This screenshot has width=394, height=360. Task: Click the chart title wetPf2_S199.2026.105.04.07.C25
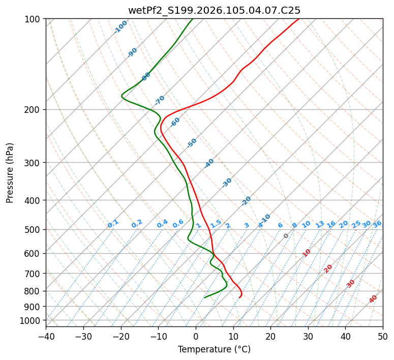click(x=214, y=10)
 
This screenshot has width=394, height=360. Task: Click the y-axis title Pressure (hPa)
click(x=10, y=172)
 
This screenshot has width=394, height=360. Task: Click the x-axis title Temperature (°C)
click(x=214, y=349)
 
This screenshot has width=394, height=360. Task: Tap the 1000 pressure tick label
click(x=31, y=320)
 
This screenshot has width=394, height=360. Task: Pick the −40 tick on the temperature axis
click(x=46, y=336)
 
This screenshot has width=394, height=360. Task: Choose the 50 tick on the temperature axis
click(x=383, y=336)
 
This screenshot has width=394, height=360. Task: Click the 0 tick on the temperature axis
click(x=196, y=336)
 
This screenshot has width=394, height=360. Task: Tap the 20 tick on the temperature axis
click(x=270, y=336)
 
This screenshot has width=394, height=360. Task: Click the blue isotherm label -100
click(x=120, y=27)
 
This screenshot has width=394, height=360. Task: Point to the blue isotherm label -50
click(x=192, y=143)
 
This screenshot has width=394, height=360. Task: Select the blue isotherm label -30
click(x=227, y=183)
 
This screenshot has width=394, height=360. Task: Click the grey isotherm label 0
click(x=286, y=236)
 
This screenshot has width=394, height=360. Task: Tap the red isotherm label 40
click(x=373, y=299)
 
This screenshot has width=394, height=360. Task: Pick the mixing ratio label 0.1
click(x=113, y=224)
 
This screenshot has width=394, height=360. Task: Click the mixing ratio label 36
click(x=377, y=224)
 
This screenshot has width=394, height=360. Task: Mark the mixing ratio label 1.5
click(x=216, y=224)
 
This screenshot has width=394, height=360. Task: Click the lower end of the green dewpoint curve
click(x=204, y=297)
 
